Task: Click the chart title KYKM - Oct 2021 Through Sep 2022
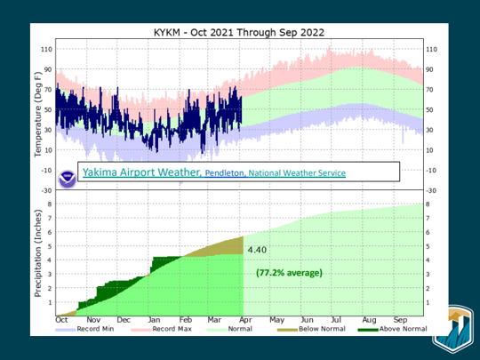pos(239,32)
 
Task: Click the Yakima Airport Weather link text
pos(140,172)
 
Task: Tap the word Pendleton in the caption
pos(226,173)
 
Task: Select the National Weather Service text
pos(297,173)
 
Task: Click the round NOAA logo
pos(67,177)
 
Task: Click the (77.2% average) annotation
pos(289,272)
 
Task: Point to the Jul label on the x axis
pos(337,319)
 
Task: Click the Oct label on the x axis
pos(62,319)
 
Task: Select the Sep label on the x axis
pos(399,319)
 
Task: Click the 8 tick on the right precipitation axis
pos(430,204)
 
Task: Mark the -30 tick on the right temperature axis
pos(434,189)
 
